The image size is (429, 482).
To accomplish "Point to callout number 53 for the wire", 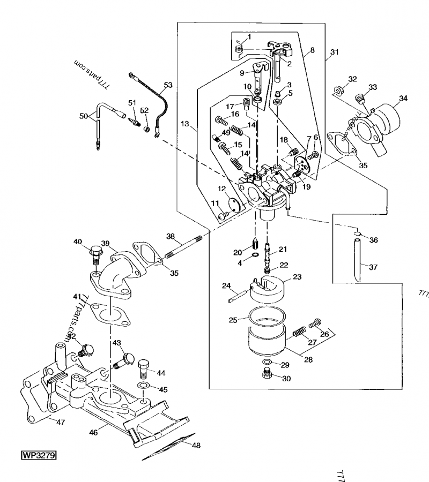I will (x=168, y=85).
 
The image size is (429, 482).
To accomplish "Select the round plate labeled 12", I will (x=234, y=204).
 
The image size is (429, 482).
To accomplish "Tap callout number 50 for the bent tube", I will (x=83, y=116).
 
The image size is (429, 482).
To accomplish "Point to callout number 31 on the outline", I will (x=335, y=52).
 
